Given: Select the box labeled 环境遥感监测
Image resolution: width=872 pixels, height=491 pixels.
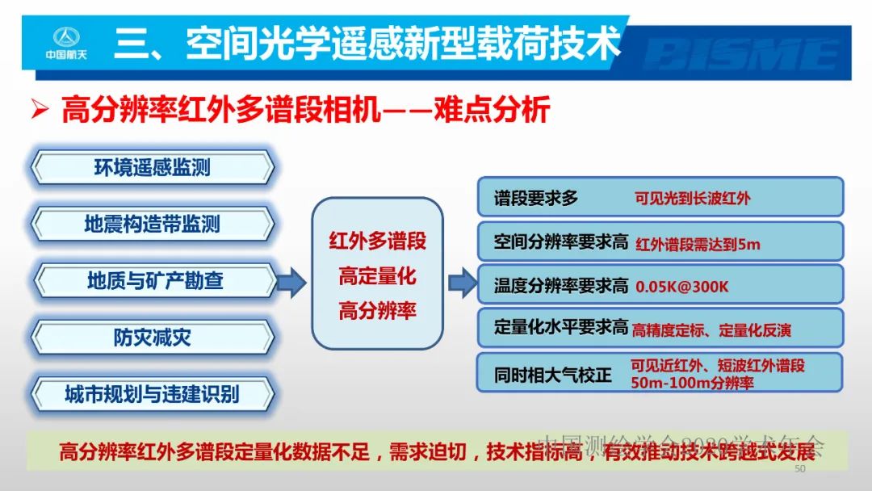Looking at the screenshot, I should (x=152, y=167).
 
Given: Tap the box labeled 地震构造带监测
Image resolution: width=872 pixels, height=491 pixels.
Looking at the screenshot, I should (x=152, y=224).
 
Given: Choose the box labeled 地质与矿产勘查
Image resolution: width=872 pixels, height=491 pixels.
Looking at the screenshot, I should (x=152, y=281).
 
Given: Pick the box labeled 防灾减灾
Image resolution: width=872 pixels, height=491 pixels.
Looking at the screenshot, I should (x=152, y=338).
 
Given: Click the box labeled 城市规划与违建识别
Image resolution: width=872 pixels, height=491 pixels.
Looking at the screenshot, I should (x=152, y=395).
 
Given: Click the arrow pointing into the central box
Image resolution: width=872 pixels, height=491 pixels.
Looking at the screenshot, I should (x=291, y=282).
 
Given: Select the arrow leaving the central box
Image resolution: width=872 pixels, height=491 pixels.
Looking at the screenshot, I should (x=462, y=282).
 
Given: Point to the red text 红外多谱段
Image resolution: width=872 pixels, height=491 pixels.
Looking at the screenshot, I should (x=377, y=241).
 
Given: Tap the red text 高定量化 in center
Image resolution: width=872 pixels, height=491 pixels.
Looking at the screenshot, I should (x=377, y=276).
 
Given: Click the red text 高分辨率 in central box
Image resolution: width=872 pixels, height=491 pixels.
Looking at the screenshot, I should (x=377, y=312).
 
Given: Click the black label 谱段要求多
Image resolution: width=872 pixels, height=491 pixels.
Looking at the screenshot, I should (x=536, y=198).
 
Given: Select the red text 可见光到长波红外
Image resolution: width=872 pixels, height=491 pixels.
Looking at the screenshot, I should (x=692, y=198).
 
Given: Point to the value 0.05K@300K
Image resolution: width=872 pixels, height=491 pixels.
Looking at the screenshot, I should (x=682, y=287).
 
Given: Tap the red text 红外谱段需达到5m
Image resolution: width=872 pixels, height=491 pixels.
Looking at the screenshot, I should (x=698, y=243).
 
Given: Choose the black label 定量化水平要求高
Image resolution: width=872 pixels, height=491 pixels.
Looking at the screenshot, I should (x=560, y=328).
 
